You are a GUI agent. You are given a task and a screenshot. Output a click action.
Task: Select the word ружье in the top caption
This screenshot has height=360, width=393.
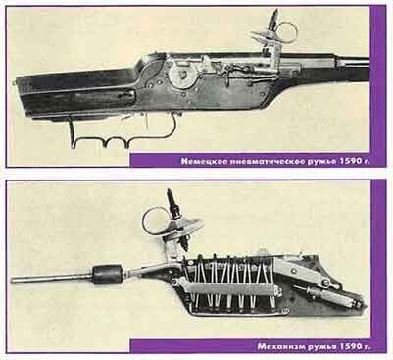[316, 160]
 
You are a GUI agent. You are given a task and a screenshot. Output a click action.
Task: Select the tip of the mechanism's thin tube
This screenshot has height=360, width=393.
[16, 280]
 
